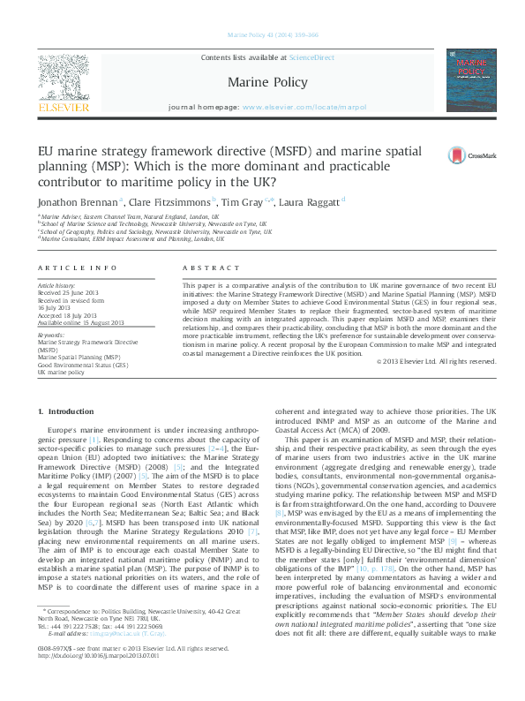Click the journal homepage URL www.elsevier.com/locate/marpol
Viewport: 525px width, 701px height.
[304, 107]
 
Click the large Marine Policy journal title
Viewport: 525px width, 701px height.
[267, 82]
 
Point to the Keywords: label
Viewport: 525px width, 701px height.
[51, 335]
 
